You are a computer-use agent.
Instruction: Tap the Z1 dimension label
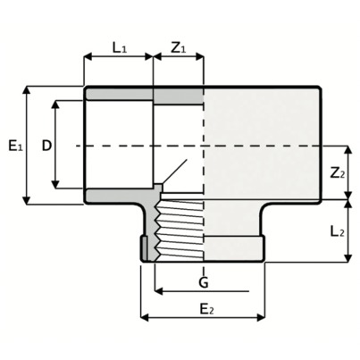tap(179, 46)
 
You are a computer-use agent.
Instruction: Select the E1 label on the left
tap(14, 145)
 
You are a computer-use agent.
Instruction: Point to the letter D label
tap(45, 145)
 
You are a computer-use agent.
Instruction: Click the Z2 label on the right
tap(337, 172)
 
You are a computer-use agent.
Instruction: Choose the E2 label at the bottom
tap(205, 309)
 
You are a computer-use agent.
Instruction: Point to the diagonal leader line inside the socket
tap(177, 172)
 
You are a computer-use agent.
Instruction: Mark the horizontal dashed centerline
tap(268, 145)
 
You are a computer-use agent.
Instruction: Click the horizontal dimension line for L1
tap(119, 56)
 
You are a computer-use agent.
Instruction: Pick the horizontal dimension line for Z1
tap(179, 56)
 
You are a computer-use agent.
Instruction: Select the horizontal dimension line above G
tap(201, 291)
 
